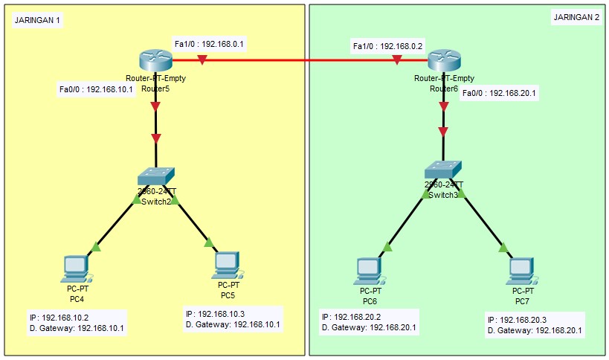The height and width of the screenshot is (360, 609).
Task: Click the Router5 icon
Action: (x=155, y=60)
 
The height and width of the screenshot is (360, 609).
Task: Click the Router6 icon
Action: (x=444, y=60)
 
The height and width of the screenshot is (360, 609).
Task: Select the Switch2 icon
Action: (x=156, y=176)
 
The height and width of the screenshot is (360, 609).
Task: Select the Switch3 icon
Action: (x=444, y=170)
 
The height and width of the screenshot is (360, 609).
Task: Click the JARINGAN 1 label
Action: (x=37, y=21)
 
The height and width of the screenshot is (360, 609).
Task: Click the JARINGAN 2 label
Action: (x=576, y=17)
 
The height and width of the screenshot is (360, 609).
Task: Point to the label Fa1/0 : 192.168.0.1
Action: (x=209, y=44)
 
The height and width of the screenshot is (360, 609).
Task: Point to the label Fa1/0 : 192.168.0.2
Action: (x=387, y=46)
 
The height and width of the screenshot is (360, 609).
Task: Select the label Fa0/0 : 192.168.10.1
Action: (x=96, y=89)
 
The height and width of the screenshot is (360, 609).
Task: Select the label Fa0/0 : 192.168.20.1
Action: (x=499, y=93)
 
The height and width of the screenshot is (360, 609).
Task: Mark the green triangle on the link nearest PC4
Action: (x=94, y=247)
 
